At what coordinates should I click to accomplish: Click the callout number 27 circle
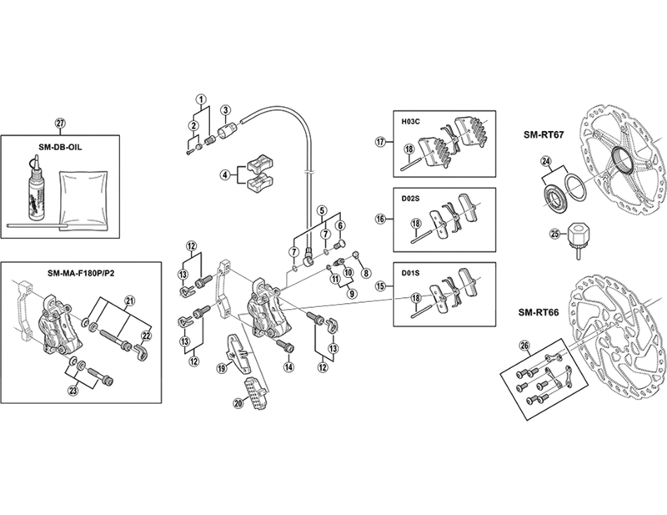(60, 123)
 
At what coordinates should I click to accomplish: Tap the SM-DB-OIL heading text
(60, 148)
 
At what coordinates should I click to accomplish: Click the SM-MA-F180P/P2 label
(81, 273)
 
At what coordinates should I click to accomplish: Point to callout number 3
(225, 109)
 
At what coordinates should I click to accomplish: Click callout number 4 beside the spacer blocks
(224, 174)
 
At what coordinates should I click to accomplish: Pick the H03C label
(410, 121)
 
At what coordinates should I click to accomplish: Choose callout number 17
(380, 142)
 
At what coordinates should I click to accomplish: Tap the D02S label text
(410, 199)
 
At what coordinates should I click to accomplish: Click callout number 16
(380, 219)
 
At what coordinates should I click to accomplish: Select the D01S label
(410, 273)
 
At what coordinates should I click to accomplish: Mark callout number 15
(380, 286)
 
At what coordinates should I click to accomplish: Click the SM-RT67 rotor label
(544, 135)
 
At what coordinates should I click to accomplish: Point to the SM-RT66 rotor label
(539, 312)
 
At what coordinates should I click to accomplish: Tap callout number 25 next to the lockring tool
(554, 235)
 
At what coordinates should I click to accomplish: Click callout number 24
(546, 161)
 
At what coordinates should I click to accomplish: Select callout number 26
(525, 346)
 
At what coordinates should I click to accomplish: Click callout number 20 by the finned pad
(238, 403)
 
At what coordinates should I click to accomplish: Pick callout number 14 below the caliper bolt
(289, 366)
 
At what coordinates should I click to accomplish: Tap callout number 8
(365, 273)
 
